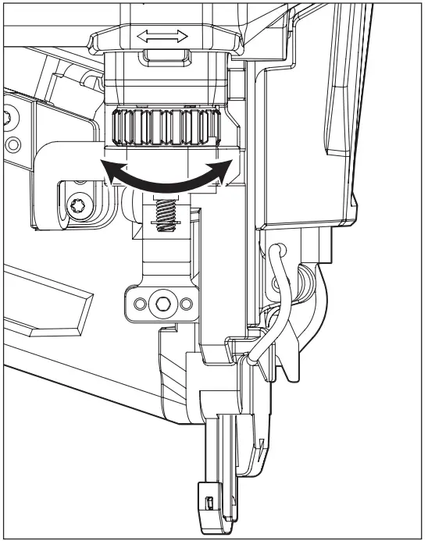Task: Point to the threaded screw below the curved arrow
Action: (164, 213)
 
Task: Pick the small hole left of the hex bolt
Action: (141, 301)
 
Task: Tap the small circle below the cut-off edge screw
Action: (12, 145)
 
